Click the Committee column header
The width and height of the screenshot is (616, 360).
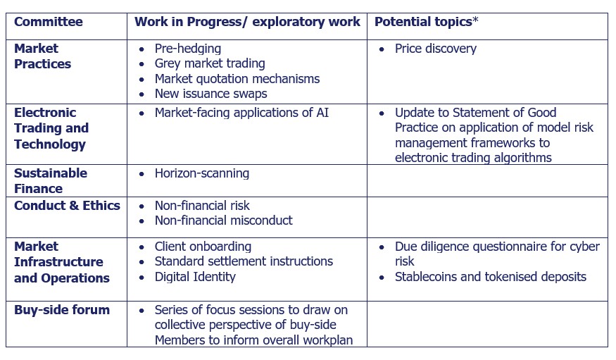coord(49,22)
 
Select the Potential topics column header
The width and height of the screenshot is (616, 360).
coord(423,22)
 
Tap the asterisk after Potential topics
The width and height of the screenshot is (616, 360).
coord(475,20)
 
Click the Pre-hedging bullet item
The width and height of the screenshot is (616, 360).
coord(188,49)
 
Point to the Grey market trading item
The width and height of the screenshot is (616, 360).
coord(210,63)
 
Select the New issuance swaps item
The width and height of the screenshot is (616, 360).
coord(211,94)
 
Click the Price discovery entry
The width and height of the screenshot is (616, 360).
coord(436,49)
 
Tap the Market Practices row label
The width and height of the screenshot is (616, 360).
coord(42,56)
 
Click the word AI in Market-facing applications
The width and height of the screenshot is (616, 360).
coord(322,113)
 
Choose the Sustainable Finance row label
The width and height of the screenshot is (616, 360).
coord(51,181)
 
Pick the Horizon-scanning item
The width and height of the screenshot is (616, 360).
coord(202,173)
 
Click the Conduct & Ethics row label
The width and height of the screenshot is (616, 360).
coord(67,206)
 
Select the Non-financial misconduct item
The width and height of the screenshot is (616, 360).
coord(224,221)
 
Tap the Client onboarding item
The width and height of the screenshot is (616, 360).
coord(203,247)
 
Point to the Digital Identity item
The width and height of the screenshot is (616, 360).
coord(195,277)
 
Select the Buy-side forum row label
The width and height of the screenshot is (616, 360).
coord(62,310)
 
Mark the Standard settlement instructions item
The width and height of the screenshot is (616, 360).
coord(244,262)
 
